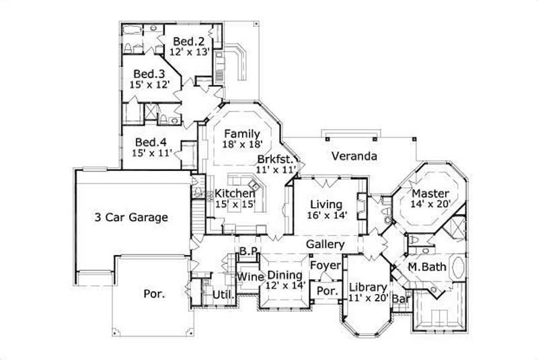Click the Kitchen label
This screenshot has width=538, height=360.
tap(235, 194)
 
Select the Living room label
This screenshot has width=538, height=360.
tap(326, 204)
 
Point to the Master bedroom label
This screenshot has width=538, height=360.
tap(430, 190)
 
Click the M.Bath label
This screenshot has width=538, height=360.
tap(428, 267)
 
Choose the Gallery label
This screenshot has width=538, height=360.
tap(325, 244)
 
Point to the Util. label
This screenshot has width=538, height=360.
tap(223, 295)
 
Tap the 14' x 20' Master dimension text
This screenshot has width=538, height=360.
tap(430, 202)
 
